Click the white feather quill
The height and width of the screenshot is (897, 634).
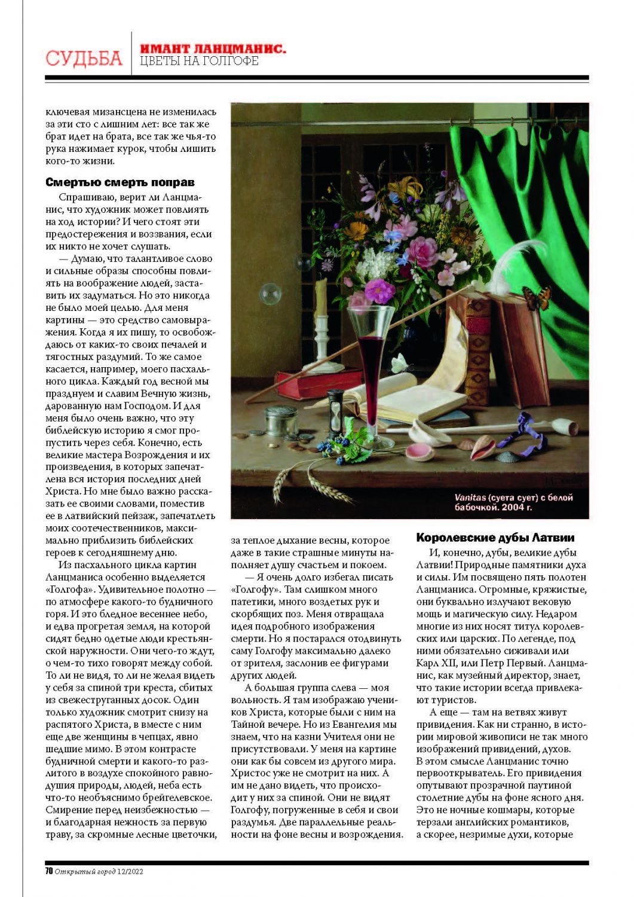coord(511,260)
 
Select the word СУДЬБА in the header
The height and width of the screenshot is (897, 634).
coord(84,58)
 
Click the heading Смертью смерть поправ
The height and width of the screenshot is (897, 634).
coord(120,182)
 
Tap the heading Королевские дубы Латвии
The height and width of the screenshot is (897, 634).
coord(495,538)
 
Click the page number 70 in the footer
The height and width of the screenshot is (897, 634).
coord(49,871)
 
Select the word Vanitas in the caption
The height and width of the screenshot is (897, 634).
coord(469,498)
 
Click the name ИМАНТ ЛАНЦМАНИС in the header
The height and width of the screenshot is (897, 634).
coord(212,48)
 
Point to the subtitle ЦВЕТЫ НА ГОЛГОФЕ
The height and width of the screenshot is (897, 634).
coord(199,62)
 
